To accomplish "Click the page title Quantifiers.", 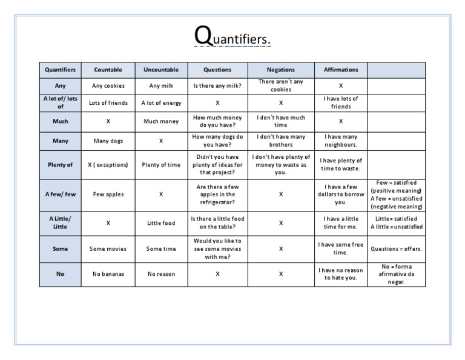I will click(232, 38).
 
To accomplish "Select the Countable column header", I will click(108, 70).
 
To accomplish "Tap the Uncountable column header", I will click(161, 70).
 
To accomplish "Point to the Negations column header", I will click(281, 70).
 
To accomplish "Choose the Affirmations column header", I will click(341, 70).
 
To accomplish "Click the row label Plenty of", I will click(60, 164).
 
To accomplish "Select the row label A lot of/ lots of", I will click(60, 102).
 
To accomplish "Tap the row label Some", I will click(60, 248).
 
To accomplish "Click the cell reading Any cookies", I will click(108, 85).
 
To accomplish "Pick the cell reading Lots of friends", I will click(108, 103).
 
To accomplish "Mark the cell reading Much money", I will click(161, 121).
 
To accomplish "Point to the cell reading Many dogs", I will click(108, 141).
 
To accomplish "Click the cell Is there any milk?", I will click(217, 85).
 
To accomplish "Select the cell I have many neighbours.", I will click(341, 141).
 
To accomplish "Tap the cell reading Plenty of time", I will click(161, 164).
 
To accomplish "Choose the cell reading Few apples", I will click(108, 195).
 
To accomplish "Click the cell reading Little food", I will click(161, 223).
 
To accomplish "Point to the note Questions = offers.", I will click(397, 248).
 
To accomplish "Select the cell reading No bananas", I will click(108, 274).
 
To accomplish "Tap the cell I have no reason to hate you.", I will click(341, 274).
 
